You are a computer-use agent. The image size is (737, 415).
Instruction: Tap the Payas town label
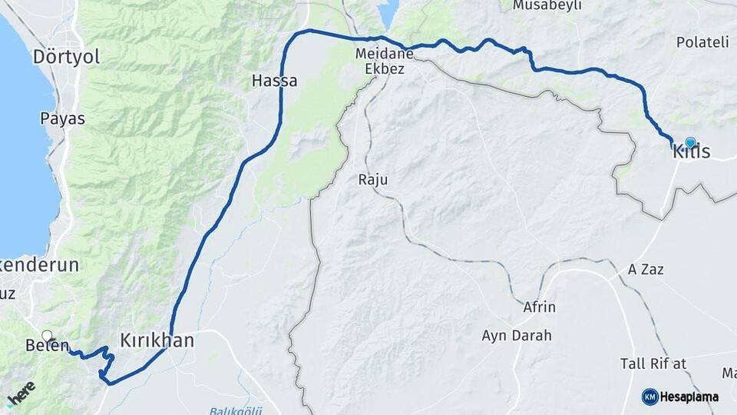[62, 119]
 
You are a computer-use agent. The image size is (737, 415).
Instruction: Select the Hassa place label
[275, 81]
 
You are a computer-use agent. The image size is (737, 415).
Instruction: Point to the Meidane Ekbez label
[385, 61]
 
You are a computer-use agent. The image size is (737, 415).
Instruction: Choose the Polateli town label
[702, 41]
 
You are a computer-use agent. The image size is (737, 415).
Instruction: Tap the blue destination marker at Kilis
[690, 143]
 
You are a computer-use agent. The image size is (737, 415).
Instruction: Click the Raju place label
[373, 180]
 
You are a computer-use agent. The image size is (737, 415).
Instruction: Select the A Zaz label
[646, 270]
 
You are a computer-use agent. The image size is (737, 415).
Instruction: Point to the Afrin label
[539, 307]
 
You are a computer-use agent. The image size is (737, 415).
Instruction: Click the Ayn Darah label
[516, 336]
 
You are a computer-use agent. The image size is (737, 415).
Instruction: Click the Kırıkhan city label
[157, 340]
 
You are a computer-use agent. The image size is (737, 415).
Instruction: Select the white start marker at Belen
[47, 336]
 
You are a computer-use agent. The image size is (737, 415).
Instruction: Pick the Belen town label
[48, 347]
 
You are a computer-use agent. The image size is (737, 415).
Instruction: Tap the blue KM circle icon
[649, 397]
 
